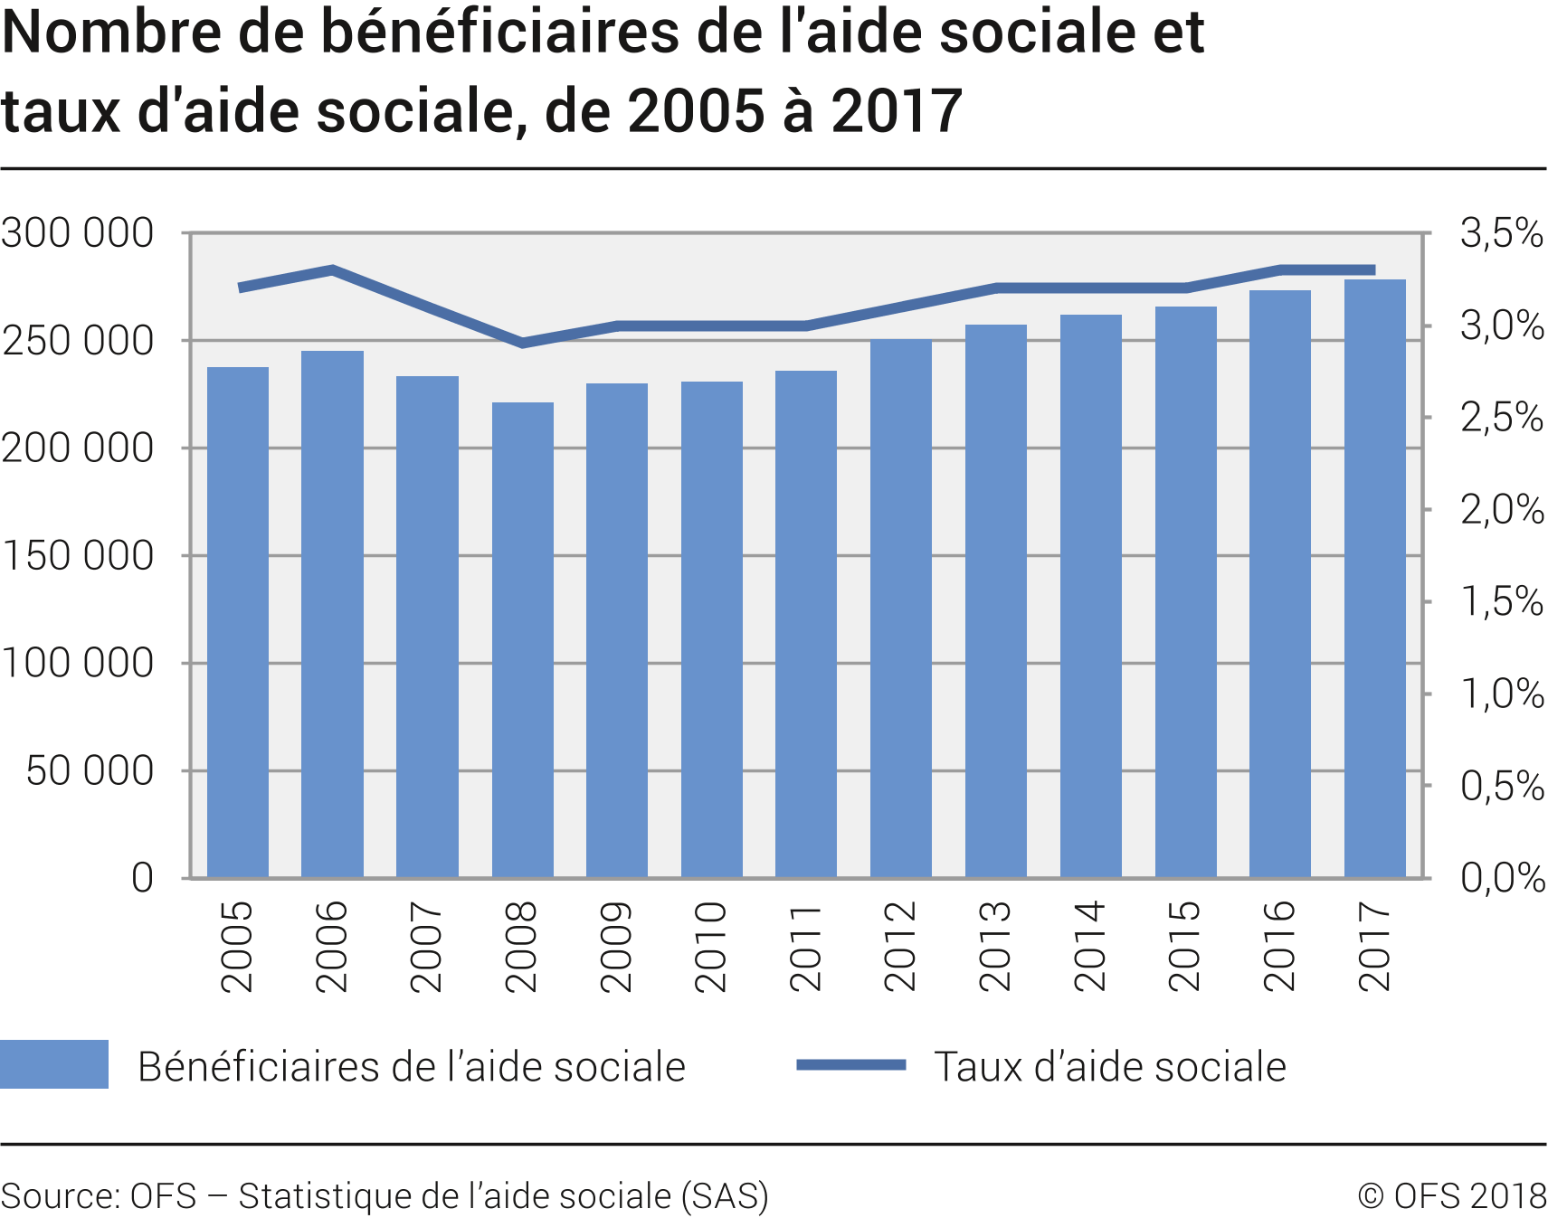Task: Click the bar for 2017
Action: click(1374, 579)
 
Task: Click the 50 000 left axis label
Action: click(90, 771)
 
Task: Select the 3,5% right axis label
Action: click(1501, 233)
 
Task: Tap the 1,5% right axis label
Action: click(1501, 601)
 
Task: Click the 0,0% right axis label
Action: click(1501, 877)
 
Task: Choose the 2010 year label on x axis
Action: click(711, 947)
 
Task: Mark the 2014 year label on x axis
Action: click(1090, 947)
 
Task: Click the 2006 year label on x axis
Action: click(332, 947)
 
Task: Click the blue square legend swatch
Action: click(54, 1064)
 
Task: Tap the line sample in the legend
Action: click(850, 1065)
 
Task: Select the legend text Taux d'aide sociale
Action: click(1109, 1067)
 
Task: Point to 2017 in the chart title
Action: click(896, 112)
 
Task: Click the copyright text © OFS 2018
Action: click(1451, 1195)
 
